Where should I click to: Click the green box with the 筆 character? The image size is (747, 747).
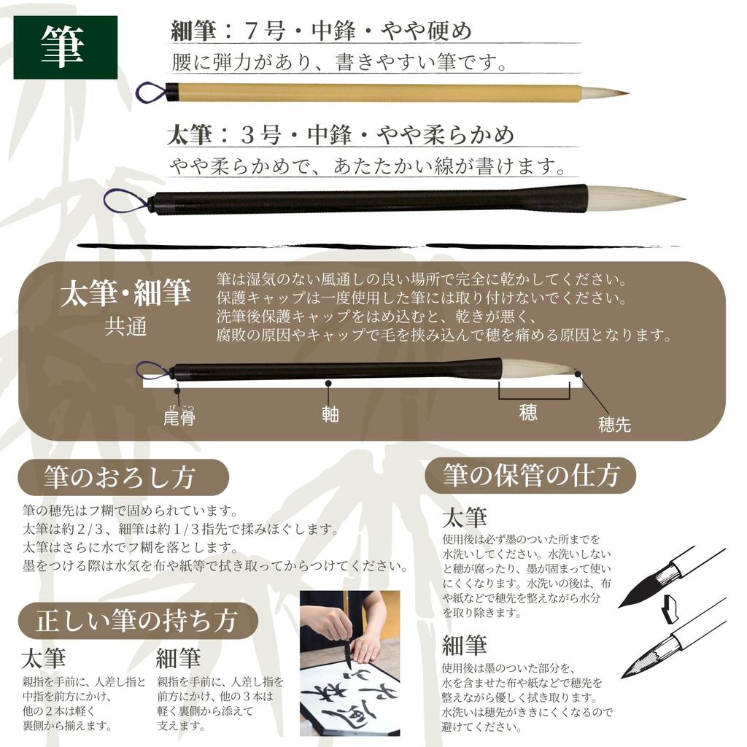tap(65, 47)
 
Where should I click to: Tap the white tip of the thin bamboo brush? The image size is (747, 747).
tap(603, 93)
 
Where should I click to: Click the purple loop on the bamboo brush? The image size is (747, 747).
tap(151, 92)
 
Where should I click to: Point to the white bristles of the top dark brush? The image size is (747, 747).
tap(631, 198)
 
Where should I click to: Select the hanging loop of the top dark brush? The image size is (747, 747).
tap(125, 201)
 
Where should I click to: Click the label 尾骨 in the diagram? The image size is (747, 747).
tap(179, 417)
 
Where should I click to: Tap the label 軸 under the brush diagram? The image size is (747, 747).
tap(330, 414)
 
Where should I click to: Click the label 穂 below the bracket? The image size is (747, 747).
tap(529, 412)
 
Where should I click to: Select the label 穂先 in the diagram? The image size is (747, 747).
tap(614, 425)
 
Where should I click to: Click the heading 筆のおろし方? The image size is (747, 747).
tap(120, 478)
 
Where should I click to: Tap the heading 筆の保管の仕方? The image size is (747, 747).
tap(530, 476)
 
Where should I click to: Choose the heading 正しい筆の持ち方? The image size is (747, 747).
tap(137, 621)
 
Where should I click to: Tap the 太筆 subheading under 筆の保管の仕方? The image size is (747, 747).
tap(464, 518)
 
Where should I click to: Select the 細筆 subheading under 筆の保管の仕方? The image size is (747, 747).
tap(464, 645)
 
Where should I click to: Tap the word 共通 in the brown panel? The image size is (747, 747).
tap(125, 326)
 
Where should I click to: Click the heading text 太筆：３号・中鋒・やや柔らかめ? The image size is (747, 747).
tap(341, 135)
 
